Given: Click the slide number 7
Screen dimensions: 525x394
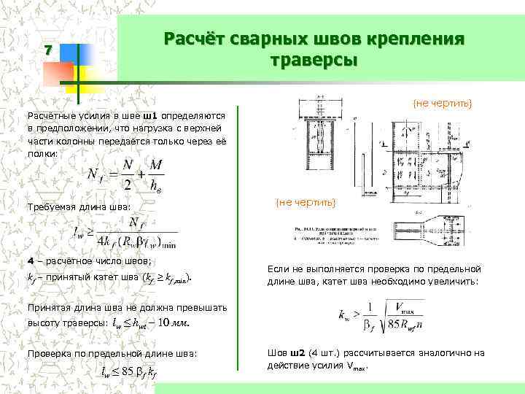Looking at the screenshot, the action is (48, 51).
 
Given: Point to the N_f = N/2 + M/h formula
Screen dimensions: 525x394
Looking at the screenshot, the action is (125, 176).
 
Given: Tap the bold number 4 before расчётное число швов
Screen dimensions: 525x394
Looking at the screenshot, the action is (30, 260).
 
